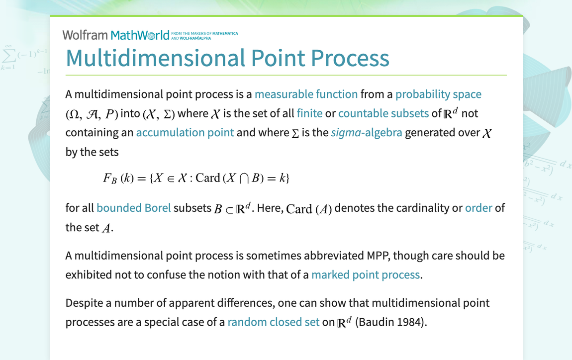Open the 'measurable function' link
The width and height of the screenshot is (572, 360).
click(x=306, y=94)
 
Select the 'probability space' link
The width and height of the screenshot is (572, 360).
click(x=438, y=94)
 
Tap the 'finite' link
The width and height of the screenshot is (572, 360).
click(x=309, y=113)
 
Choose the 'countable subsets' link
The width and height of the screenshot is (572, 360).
click(x=383, y=113)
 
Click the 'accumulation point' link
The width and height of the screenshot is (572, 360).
click(x=185, y=133)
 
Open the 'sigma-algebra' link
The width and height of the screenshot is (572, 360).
click(x=366, y=133)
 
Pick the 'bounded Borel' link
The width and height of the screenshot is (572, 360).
click(x=133, y=208)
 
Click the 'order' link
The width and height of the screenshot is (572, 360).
click(x=478, y=208)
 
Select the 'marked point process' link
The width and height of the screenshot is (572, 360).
click(x=366, y=275)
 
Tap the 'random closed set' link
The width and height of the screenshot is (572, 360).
click(x=273, y=322)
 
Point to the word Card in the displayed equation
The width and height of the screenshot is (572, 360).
click(x=207, y=178)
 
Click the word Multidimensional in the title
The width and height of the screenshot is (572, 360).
click(x=155, y=58)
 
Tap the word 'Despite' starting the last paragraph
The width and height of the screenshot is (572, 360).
click(x=83, y=303)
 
